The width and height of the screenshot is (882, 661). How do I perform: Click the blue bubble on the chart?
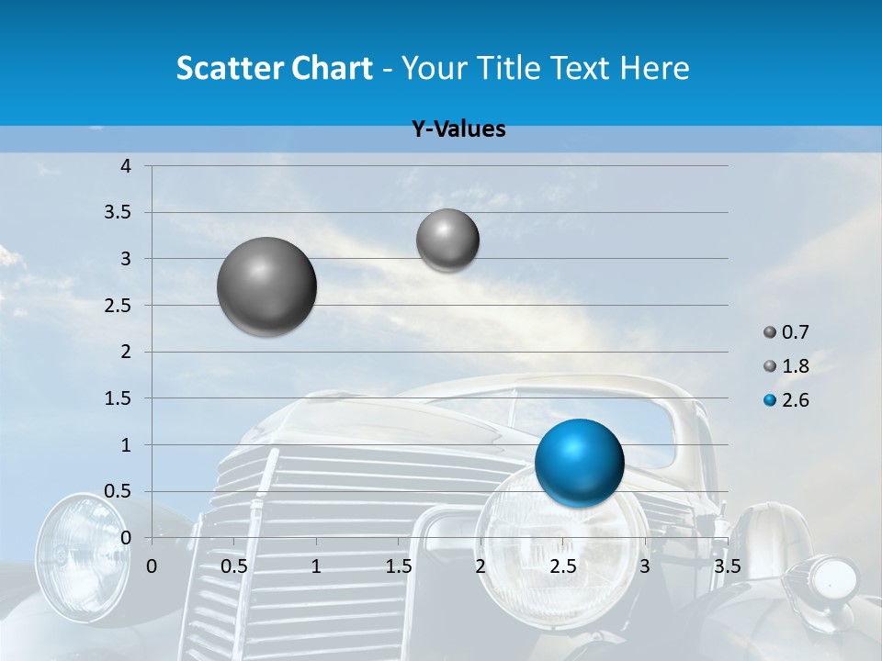pos(579,462)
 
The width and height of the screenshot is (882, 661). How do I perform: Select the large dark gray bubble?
pos(267,286)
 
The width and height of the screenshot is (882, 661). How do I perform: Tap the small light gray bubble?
pos(447,240)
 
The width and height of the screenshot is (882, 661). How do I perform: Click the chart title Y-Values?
pos(458,129)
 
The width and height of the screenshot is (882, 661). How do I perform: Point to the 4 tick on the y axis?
pos(126,166)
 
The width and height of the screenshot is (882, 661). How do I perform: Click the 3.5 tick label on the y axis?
pos(119,212)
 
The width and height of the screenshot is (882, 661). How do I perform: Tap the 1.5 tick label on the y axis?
pos(119,398)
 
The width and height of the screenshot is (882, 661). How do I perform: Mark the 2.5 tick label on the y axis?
pos(119,306)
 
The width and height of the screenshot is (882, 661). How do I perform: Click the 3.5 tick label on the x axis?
pos(727,566)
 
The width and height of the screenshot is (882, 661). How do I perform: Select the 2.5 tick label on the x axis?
pos(562,566)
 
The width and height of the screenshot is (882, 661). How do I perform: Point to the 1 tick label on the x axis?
pos(316,566)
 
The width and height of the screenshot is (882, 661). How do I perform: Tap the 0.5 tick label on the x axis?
pos(234,566)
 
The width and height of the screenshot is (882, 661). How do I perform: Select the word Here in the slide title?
pos(654,68)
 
